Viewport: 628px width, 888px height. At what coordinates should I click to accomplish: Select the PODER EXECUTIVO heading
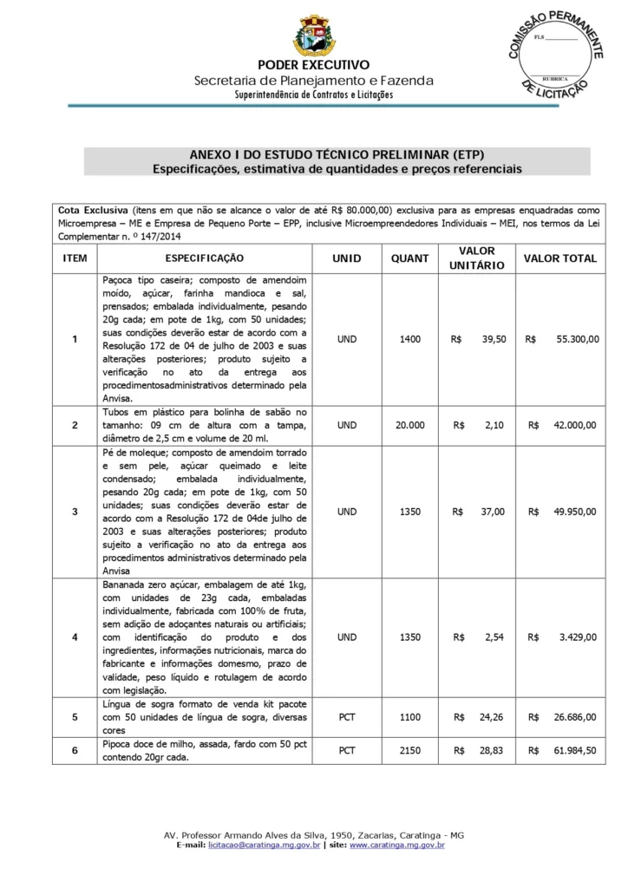coord(313,65)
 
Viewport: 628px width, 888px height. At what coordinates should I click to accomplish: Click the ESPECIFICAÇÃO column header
coord(205,258)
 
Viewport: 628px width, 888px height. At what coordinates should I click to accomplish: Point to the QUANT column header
coord(409,258)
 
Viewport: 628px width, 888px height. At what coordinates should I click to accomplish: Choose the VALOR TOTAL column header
coord(560,258)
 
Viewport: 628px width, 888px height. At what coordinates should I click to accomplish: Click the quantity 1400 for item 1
coord(409,339)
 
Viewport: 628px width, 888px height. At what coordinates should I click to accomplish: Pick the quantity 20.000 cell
coord(409,425)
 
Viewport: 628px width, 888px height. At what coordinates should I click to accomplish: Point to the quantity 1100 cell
coord(409,717)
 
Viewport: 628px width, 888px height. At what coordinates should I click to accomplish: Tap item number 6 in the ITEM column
coord(75,750)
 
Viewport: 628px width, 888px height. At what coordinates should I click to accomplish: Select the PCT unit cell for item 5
coord(347,717)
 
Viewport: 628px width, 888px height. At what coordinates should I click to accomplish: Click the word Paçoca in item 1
coord(119,281)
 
